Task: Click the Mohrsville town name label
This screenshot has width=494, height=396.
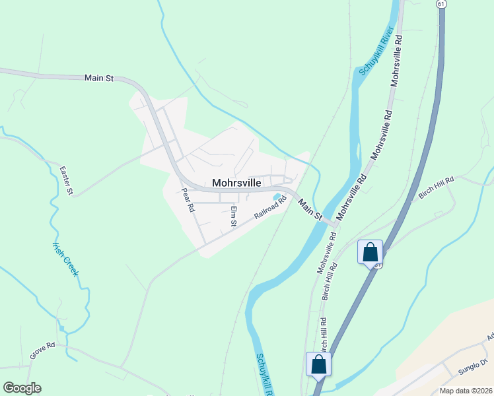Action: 236,183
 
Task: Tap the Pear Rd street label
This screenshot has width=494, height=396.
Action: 188,199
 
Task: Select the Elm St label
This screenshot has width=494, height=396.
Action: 233,216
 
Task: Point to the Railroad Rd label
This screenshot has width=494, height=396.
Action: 271,207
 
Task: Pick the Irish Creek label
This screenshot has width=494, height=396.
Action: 65,259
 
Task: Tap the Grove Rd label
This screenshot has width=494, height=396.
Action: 42,350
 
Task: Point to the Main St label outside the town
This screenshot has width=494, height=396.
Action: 99,78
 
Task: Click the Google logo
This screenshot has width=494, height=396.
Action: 22,388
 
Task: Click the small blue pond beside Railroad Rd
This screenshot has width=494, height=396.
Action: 279,197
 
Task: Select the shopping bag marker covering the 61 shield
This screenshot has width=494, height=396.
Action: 370,251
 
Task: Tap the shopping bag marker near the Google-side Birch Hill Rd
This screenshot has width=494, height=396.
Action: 318,364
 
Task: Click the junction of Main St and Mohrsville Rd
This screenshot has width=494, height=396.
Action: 336,225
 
